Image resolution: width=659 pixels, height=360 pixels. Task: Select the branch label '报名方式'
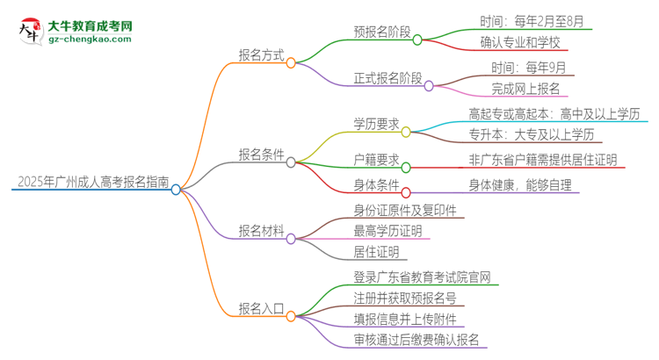[x=261, y=54]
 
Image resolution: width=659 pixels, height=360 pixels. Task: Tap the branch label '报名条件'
[x=261, y=155]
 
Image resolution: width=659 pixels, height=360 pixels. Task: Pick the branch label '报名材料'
[x=261, y=231]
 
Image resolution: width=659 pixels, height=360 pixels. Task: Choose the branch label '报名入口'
[x=261, y=307]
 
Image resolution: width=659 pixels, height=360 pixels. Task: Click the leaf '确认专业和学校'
[x=520, y=43]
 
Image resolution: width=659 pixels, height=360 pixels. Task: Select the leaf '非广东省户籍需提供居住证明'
[x=543, y=160]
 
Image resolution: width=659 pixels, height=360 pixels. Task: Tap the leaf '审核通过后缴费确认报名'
[x=409, y=338]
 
